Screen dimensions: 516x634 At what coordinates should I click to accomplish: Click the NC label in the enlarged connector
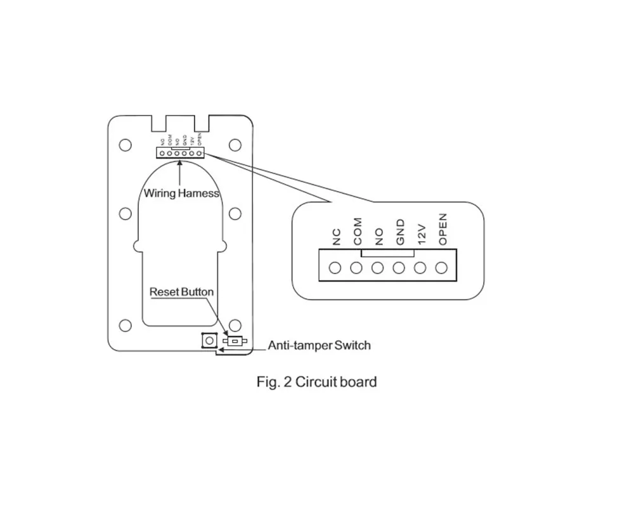coord(337,237)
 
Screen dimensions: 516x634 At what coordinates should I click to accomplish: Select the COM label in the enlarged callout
coord(358,232)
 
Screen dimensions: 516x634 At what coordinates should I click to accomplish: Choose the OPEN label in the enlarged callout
coord(443,230)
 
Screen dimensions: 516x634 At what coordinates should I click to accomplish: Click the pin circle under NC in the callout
coord(336,268)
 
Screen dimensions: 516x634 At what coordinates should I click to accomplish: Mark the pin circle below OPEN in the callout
coord(441,268)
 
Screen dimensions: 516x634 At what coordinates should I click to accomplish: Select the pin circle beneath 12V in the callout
coord(420,268)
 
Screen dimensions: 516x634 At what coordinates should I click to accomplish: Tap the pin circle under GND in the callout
coord(399,268)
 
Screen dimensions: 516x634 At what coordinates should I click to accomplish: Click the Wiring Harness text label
coord(181,193)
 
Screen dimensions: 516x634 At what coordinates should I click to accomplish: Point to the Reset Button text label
coord(181,292)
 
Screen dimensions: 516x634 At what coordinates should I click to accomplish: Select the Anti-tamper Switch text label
coord(319,346)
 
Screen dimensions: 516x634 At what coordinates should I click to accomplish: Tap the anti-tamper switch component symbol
coord(235,342)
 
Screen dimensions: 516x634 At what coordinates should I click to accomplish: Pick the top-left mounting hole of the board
coord(126,145)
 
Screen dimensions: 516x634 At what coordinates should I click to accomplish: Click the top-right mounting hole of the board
coord(235,145)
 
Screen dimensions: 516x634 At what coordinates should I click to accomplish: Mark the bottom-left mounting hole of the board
coord(126,326)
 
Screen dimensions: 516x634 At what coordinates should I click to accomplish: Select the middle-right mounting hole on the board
coord(235,213)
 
